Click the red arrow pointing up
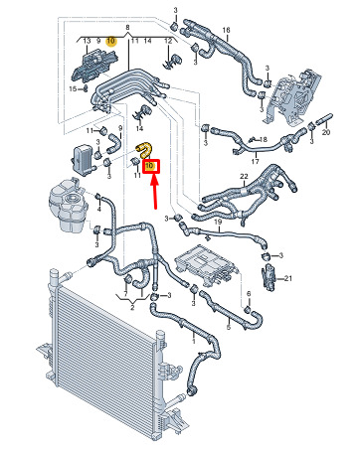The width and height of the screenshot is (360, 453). click(155, 193)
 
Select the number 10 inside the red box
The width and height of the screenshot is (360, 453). click(150, 166)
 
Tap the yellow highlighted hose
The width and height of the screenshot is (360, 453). click(145, 149)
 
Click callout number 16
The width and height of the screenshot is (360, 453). click(226, 30)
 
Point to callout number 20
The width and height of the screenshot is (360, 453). click(326, 132)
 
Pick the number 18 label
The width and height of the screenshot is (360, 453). click(264, 139)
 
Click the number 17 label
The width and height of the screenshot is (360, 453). click(255, 162)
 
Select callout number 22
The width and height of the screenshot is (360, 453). click(244, 177)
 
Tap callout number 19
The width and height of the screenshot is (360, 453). click(218, 223)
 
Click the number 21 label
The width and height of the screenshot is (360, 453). click(288, 278)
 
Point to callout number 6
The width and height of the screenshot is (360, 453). click(249, 294)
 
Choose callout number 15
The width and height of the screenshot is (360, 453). click(73, 88)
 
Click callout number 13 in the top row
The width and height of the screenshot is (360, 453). click(87, 41)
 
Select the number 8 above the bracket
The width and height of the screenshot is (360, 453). click(128, 28)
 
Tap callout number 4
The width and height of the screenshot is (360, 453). click(98, 210)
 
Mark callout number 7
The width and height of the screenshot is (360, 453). click(125, 294)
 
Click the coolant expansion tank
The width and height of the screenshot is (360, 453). click(70, 205)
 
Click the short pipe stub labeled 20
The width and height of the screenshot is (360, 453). click(325, 119)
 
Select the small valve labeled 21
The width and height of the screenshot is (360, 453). click(270, 277)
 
